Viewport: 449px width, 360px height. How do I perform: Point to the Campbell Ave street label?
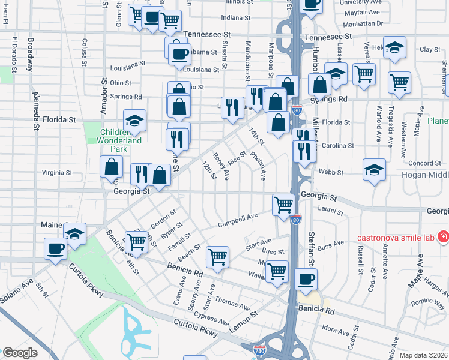pos(238,219)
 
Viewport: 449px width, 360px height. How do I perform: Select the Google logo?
pos(20,353)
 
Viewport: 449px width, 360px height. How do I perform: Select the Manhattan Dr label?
pos(363,23)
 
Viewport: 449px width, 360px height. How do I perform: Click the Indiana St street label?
pos(235,17)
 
